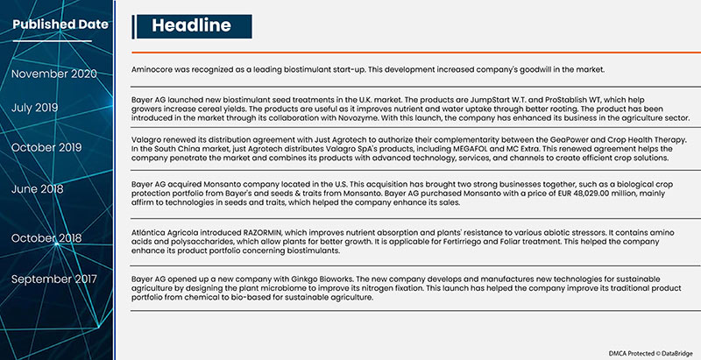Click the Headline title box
(190, 26)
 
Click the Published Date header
(60, 24)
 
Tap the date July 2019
(36, 108)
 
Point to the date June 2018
(38, 188)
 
